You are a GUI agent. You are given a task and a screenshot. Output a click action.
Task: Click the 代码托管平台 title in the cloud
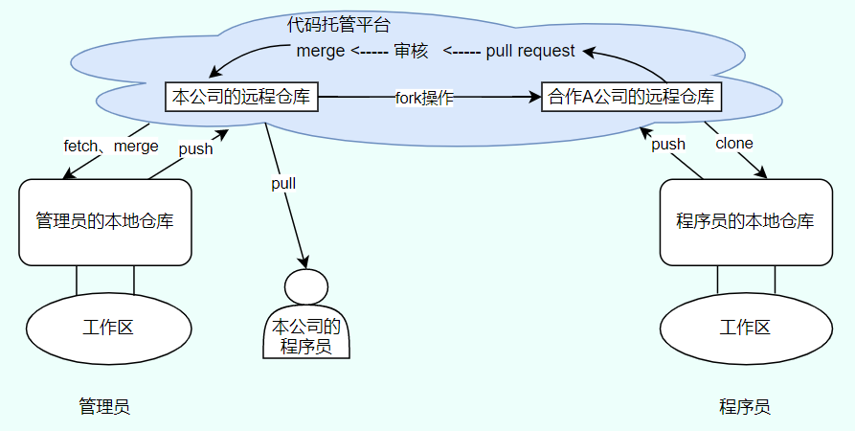click(338, 25)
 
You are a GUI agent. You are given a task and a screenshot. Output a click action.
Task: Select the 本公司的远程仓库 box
click(240, 97)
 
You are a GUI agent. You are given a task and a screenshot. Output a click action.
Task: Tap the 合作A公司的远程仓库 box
click(631, 97)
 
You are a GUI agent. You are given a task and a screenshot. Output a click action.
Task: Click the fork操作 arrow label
click(424, 98)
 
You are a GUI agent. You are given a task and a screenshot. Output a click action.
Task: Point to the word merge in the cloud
click(320, 51)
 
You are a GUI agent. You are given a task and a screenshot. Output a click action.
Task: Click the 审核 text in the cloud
click(410, 51)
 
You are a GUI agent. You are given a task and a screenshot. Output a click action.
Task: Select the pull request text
click(530, 51)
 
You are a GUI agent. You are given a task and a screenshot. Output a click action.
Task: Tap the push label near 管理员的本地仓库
click(195, 148)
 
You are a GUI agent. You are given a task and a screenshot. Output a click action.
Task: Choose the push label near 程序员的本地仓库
click(668, 145)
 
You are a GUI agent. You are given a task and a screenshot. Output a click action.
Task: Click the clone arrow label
click(734, 144)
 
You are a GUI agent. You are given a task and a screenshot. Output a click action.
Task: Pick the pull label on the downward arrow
click(283, 183)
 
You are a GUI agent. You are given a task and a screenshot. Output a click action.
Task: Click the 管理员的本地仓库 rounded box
click(104, 221)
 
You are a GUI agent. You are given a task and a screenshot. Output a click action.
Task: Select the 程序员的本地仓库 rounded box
click(745, 221)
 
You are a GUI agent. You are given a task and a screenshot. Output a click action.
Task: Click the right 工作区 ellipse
click(745, 328)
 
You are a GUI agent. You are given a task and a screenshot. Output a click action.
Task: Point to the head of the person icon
click(305, 287)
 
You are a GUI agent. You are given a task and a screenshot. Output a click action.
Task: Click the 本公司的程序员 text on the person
click(305, 335)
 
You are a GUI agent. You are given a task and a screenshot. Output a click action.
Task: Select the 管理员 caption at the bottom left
click(104, 406)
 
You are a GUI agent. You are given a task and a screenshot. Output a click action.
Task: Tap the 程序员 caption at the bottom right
click(745, 406)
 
